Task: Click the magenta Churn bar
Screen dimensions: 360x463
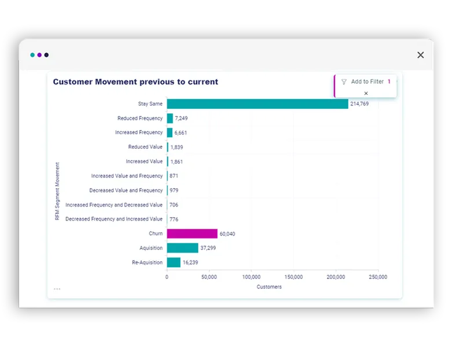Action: point(192,234)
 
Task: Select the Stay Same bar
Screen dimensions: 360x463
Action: point(258,104)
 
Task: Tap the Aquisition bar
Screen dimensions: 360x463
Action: point(182,248)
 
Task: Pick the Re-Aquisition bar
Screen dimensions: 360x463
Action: point(174,263)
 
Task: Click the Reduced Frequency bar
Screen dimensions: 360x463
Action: point(170,118)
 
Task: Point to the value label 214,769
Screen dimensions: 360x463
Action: point(359,104)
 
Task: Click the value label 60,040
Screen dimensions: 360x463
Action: point(227,234)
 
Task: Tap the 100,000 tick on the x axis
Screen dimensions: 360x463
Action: point(251,277)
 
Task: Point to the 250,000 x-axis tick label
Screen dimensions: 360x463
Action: point(378,277)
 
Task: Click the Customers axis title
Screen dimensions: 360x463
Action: point(269,287)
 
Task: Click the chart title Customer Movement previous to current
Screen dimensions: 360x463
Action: point(135,82)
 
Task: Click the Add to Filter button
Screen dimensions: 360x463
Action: point(367,82)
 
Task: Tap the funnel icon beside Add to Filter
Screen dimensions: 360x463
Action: point(344,82)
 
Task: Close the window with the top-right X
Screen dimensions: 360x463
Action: point(421,55)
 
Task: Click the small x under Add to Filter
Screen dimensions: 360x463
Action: point(366,93)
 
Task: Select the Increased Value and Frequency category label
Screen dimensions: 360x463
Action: point(127,176)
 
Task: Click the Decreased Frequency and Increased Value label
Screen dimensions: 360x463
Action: point(114,219)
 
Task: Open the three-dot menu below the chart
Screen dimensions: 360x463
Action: point(57,289)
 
